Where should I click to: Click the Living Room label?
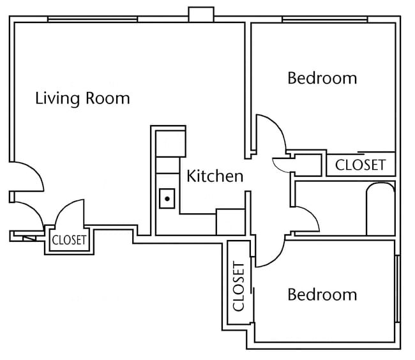pos(82,98)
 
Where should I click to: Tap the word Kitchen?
pos(215,176)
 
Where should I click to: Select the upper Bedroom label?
pos(322,79)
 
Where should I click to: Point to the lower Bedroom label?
pos(322,295)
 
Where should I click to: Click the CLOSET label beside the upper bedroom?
pos(361,165)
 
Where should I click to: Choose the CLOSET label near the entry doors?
pos(69,241)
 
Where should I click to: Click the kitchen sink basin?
pos(167,200)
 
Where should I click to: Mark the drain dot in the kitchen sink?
pos(167,199)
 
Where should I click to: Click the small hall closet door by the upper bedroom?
pos(281,163)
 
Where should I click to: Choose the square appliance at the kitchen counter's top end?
pos(171,143)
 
